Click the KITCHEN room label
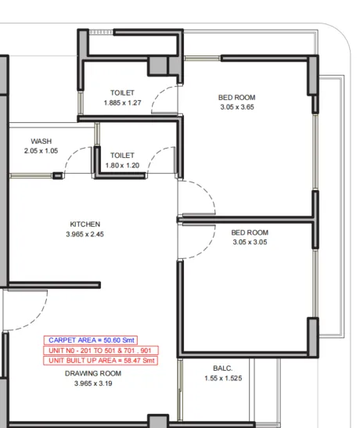coord(85,224)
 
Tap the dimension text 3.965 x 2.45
coord(85,234)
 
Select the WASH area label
coord(41,141)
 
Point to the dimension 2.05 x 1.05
coord(41,151)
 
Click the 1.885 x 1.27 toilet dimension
coord(122,103)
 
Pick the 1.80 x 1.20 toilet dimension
coord(122,165)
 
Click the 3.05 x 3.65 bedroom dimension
coord(237,107)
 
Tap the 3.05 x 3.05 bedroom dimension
coord(250,242)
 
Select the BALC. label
coord(223,369)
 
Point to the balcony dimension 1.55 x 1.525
coord(223,378)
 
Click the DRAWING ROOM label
coord(93,373)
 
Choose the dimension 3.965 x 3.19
coord(93,383)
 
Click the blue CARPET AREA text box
coord(90,340)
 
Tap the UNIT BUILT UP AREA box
coord(100,361)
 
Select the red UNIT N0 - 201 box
coord(101,351)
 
